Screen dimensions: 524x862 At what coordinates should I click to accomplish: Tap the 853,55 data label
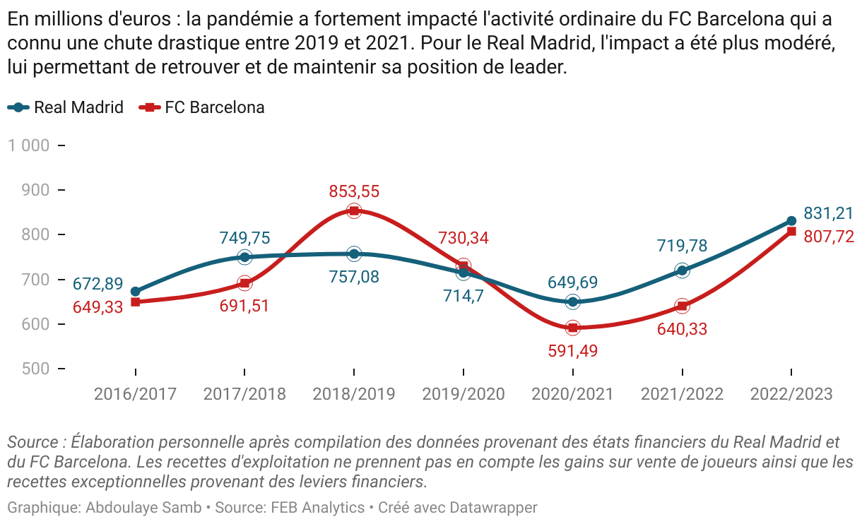[x=354, y=191]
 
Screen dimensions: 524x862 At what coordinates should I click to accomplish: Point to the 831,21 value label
[x=829, y=213]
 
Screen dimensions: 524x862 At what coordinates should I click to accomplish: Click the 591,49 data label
[x=572, y=350]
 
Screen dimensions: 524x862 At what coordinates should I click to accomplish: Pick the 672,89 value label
[x=98, y=285]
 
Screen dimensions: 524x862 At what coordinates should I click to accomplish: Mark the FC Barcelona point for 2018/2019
[x=354, y=210]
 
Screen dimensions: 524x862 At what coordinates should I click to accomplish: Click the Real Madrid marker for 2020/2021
[x=572, y=302]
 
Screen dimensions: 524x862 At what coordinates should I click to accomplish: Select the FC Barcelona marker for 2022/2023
[x=791, y=232]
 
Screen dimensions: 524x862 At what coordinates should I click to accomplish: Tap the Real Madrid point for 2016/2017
[x=136, y=292]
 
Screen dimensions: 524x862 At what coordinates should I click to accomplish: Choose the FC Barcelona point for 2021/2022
[x=682, y=306]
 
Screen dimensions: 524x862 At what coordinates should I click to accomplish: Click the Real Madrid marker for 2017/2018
[x=244, y=257]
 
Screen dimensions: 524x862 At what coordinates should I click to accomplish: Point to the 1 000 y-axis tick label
[x=28, y=145]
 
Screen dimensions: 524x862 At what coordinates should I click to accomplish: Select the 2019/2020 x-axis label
[x=464, y=394]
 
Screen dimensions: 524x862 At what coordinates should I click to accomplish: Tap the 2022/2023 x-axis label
[x=791, y=394]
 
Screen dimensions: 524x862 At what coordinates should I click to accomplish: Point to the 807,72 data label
[x=829, y=237]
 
